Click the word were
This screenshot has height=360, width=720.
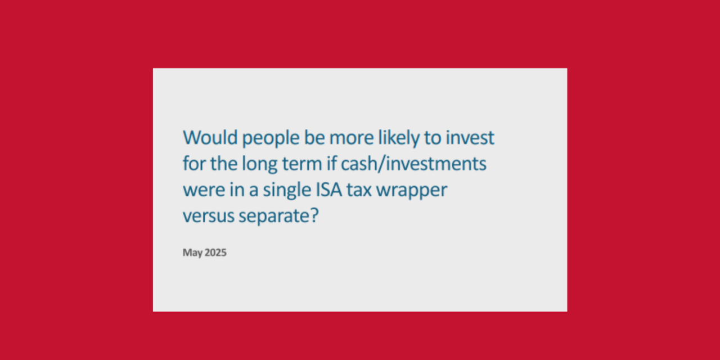201,190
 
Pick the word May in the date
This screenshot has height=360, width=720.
192,253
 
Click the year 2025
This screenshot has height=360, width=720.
215,253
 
